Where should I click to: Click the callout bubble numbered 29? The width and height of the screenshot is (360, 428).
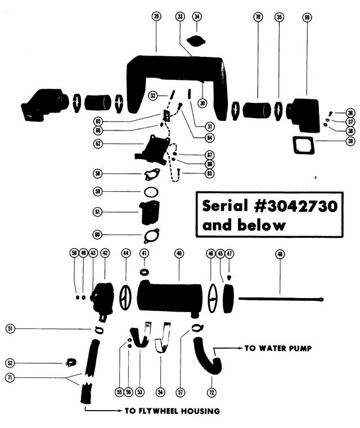(156, 17)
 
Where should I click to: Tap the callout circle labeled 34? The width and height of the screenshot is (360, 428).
(197, 17)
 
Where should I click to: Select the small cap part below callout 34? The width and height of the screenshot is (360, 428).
(197, 40)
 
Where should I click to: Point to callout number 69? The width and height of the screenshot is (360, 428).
(307, 18)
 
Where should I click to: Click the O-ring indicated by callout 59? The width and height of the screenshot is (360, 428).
(151, 192)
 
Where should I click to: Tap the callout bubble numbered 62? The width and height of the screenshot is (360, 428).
(98, 143)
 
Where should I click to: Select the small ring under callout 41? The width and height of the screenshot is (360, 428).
(145, 272)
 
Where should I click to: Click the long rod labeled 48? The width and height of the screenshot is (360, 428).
(281, 299)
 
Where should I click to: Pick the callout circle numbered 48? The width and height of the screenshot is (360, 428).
(280, 254)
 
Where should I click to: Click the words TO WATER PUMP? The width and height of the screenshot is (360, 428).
(278, 348)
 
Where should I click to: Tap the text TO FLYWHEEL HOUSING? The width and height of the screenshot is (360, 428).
(172, 411)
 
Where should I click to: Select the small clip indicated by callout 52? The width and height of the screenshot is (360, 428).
(71, 362)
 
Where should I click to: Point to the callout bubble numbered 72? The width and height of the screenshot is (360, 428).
(211, 393)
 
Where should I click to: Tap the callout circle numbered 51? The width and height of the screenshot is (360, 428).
(10, 328)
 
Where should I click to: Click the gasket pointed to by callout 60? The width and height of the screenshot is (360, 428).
(151, 236)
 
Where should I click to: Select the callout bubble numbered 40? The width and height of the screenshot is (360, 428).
(179, 254)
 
